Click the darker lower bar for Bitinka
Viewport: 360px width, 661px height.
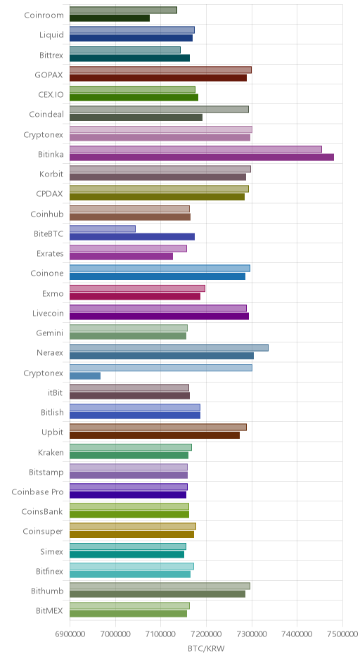pos(202,158)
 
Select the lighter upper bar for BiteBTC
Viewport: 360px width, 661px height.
pos(103,229)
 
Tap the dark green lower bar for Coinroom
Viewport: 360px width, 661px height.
pos(110,18)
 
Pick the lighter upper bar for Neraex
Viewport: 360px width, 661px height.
pos(169,348)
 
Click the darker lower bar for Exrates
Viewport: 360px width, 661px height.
pos(121,256)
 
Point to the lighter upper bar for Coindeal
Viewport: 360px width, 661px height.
pos(159,109)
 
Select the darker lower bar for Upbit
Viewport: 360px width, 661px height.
pos(155,435)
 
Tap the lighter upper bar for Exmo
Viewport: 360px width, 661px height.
pos(137,288)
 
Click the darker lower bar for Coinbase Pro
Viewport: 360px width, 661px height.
pos(128,495)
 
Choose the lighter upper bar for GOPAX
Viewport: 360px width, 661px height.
pos(160,70)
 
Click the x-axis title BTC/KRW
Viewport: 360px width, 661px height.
pos(206,648)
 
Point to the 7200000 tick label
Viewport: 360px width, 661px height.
pos(207,634)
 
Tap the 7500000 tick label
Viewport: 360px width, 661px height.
pos(342,634)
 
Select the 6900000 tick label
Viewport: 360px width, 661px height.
pos(70,634)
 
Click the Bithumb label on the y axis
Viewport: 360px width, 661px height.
pos(47,591)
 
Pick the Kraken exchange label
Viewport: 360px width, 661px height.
pos(51,452)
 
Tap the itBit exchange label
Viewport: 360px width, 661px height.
pos(56,393)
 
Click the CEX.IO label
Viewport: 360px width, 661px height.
pos(51,94)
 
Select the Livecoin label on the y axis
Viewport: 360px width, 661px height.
pos(48,313)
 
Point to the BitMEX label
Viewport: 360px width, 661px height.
pos(50,611)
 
